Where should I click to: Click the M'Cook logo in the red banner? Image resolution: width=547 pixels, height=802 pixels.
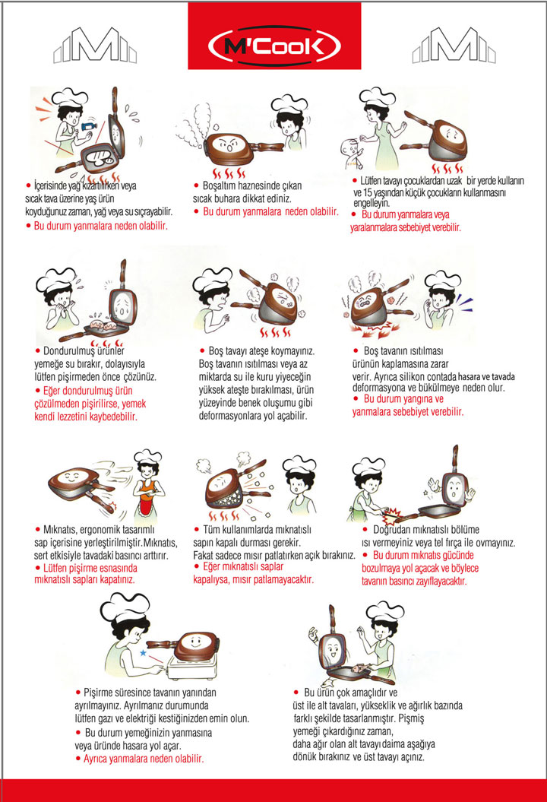[274, 46]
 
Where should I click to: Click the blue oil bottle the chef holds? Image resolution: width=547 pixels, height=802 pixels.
[87, 125]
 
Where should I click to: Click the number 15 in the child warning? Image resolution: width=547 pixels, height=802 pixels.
[368, 193]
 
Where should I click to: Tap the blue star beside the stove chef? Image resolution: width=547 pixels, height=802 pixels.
[143, 653]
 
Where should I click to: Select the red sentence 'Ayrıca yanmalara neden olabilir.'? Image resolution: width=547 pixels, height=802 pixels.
[144, 759]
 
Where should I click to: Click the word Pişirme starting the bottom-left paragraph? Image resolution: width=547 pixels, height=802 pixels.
[98, 693]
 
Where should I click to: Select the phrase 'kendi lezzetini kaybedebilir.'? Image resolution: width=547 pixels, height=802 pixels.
[86, 417]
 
